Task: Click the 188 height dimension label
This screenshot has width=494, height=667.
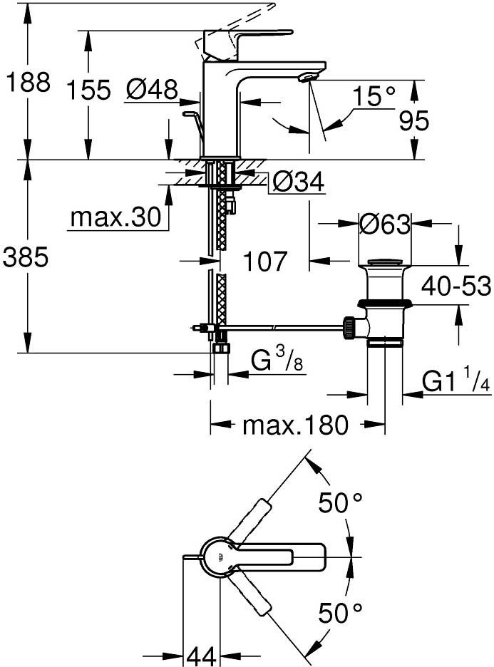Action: click(28, 82)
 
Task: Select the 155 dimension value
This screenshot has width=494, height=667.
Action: click(89, 90)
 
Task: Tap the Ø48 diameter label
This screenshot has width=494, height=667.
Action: click(152, 90)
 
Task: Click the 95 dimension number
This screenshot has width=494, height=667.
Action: click(413, 121)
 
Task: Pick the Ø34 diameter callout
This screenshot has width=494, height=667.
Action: click(298, 182)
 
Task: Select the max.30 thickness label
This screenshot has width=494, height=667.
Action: click(116, 217)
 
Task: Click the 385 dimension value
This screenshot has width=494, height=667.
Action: click(26, 257)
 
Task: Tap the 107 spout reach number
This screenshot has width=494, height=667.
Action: click(265, 261)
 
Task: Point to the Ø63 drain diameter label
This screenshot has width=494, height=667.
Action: click(385, 224)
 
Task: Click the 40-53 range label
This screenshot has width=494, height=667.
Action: click(456, 286)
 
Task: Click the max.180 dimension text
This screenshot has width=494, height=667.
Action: click(296, 425)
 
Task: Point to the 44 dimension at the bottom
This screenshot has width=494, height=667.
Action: click(201, 656)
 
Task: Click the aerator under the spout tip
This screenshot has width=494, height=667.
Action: click(308, 77)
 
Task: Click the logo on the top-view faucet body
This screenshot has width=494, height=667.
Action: click(220, 556)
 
